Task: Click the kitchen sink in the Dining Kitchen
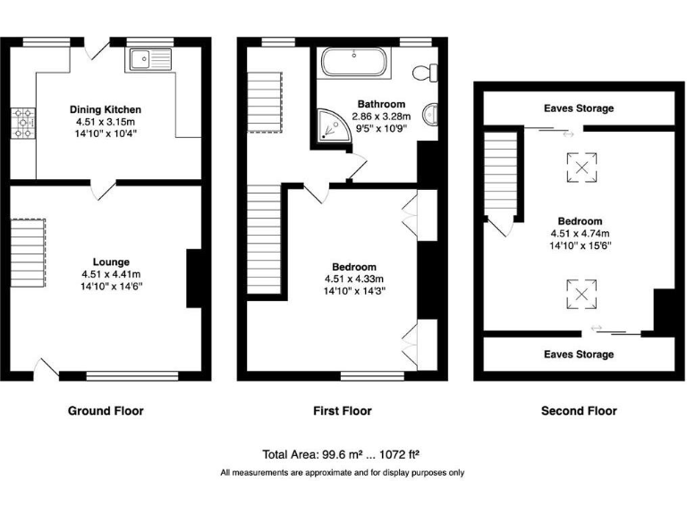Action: pos(149,60)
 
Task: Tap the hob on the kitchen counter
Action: pos(21,125)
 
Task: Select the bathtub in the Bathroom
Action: pos(353,64)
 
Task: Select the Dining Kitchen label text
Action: pos(106,109)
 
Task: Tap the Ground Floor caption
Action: pos(106,411)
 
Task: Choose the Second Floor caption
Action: pos(579,411)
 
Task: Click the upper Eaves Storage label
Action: pos(579,108)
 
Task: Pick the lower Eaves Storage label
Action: pos(579,355)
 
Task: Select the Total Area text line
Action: pos(343,454)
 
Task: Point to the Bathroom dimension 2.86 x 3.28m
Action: pos(381,116)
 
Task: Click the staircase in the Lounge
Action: pos(28,254)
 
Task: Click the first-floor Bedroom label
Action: pos(354,267)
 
